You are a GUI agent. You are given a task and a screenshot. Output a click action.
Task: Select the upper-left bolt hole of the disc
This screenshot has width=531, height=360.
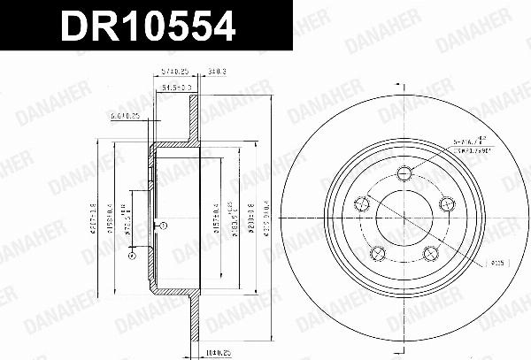362,204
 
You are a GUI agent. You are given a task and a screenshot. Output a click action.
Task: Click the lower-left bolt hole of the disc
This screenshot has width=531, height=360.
378,253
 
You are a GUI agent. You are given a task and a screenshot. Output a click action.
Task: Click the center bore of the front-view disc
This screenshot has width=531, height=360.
404,218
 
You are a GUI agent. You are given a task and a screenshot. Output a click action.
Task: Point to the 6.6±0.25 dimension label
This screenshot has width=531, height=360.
124,115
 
